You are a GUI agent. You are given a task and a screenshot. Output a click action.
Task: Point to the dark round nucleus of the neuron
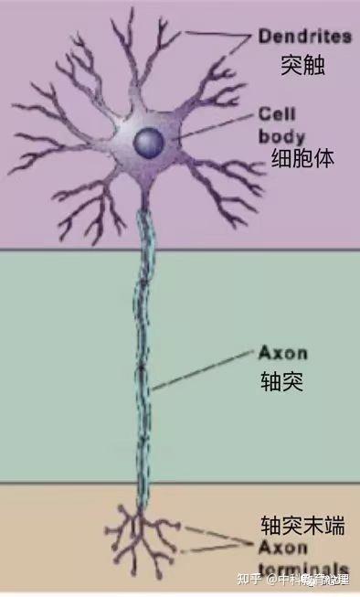click(x=149, y=141)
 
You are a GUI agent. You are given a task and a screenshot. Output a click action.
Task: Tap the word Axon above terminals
click(x=281, y=547)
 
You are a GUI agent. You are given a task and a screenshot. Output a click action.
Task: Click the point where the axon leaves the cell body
click(x=146, y=206)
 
